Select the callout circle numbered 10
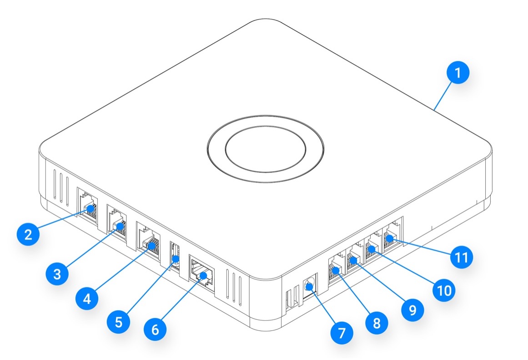click(444, 289)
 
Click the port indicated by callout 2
click(87, 207)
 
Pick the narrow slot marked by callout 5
click(176, 257)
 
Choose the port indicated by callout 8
click(336, 269)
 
